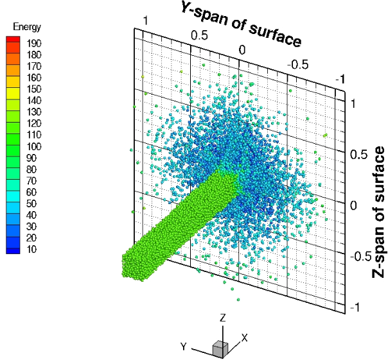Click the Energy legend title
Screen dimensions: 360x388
coord(28,27)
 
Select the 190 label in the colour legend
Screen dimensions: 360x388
coord(34,42)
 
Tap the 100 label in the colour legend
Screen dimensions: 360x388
coord(34,146)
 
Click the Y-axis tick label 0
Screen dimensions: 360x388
coord(242,49)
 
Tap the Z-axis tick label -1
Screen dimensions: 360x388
coord(353,308)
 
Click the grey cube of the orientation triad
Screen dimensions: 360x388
coord(220,348)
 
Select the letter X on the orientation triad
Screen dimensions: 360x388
coord(244,337)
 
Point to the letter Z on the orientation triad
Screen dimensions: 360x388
coord(222,318)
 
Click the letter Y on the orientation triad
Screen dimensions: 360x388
coord(184,347)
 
